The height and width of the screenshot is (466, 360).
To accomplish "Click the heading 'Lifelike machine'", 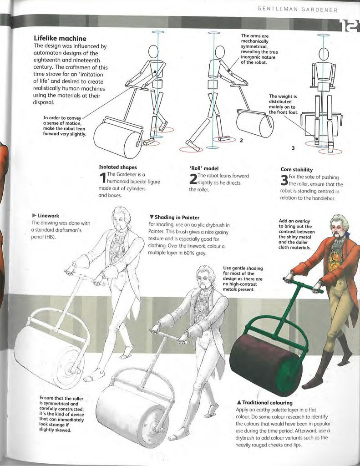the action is point(60,38).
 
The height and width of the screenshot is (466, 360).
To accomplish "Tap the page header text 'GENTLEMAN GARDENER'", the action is point(298,10).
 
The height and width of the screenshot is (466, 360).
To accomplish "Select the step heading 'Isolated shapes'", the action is point(118,167).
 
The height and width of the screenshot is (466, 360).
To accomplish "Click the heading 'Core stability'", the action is point(297,169).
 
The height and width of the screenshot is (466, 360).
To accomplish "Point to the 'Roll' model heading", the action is point(204,168).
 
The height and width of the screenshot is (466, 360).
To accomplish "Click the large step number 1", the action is point(102,178).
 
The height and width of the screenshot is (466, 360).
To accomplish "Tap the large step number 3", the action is point(284,181).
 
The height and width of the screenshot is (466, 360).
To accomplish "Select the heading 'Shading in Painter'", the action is point(174,218).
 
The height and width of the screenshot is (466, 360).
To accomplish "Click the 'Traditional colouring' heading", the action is point(264,403).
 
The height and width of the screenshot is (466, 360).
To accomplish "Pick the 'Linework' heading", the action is point(46,215).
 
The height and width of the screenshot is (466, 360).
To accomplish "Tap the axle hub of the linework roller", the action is point(73,369).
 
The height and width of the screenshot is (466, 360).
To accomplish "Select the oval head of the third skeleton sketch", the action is point(324,55).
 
